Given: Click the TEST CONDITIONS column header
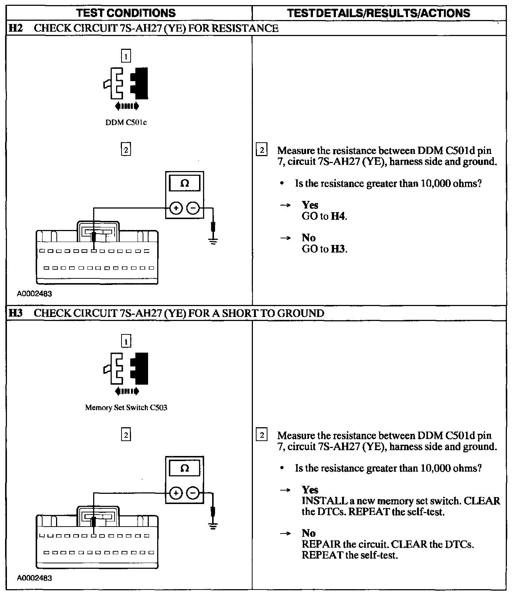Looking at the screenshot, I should (126, 13).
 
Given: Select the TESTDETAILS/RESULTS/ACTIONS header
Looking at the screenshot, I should (378, 13).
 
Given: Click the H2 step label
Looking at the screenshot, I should (15, 28).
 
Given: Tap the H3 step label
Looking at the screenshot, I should (15, 313).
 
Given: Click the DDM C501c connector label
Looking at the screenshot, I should (126, 123).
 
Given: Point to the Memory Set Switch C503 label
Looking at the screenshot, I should (126, 408).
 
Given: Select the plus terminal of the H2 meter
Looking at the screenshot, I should (176, 209).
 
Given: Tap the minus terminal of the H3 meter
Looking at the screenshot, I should (193, 493).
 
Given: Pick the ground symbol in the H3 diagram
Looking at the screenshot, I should (213, 525).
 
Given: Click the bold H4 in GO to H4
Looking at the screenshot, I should (338, 216).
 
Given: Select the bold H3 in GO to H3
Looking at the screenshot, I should (338, 249).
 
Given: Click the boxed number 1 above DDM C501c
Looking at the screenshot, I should (126, 56).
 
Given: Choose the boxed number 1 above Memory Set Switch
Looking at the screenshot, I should (126, 341).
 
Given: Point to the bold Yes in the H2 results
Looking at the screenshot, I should (310, 205).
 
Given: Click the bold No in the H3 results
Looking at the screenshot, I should (309, 533).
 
